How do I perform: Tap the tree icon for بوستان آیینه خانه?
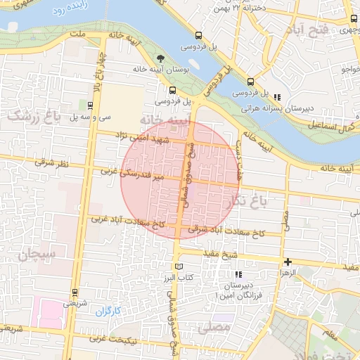tap(162, 58)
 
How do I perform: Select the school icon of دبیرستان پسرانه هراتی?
tap(278, 97)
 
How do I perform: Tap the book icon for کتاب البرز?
tap(179, 266)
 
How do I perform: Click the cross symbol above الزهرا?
tap(288, 261)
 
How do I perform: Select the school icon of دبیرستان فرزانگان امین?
tap(238, 274)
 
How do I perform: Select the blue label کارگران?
tap(108, 310)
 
